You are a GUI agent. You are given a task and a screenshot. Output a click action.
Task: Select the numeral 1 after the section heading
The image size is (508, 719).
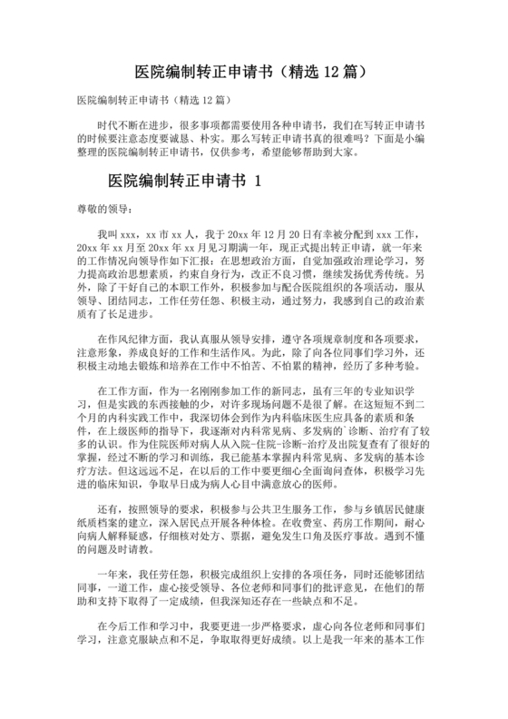(259, 181)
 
